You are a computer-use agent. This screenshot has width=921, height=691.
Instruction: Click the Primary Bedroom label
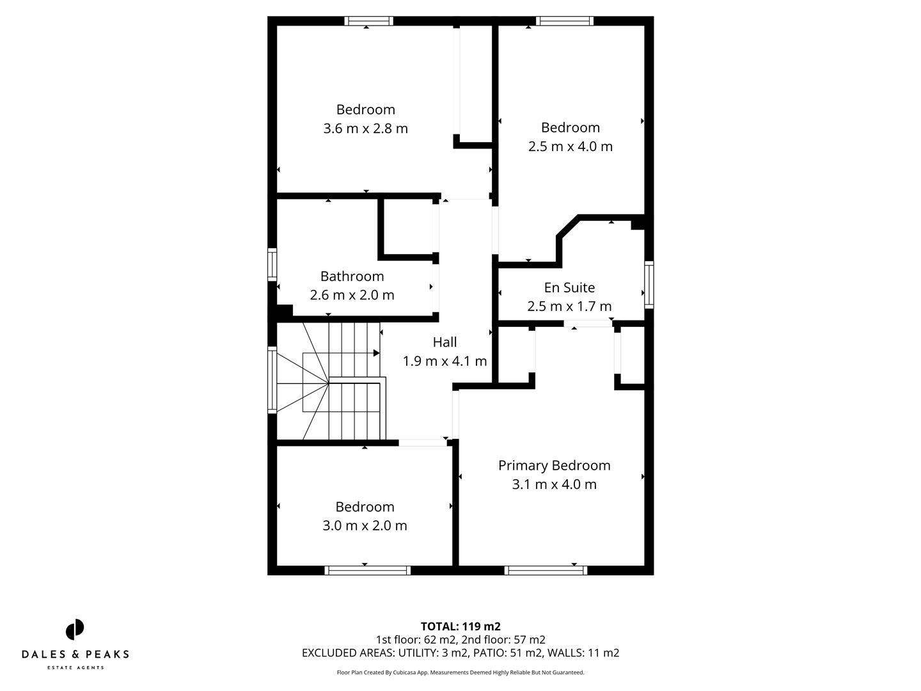554,465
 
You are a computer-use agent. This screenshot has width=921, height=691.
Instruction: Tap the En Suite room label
569,287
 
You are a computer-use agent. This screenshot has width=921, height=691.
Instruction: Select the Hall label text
445,342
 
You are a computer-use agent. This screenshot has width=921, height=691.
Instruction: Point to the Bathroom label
352,276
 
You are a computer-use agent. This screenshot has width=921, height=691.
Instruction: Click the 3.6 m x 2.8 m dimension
365,128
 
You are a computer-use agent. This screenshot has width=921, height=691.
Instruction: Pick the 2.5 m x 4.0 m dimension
570,146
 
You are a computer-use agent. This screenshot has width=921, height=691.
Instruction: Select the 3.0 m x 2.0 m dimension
365,525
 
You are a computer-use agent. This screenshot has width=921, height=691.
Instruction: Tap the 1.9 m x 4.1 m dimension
445,361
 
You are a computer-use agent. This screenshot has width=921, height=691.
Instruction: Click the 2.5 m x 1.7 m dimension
569,306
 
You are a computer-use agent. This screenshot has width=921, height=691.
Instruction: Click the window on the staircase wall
272,379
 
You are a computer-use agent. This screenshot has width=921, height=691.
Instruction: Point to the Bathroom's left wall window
272,264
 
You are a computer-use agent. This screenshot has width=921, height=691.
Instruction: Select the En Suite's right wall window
649,285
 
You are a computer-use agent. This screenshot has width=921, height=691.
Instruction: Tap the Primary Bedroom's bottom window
546,570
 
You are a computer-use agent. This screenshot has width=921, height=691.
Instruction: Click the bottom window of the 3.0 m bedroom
368,570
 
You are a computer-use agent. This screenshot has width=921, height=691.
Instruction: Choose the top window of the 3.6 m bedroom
369,21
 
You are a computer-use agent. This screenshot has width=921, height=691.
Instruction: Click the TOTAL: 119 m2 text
460,626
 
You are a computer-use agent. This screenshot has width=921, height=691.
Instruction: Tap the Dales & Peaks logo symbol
75,630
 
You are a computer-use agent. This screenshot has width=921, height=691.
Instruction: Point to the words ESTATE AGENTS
75,668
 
